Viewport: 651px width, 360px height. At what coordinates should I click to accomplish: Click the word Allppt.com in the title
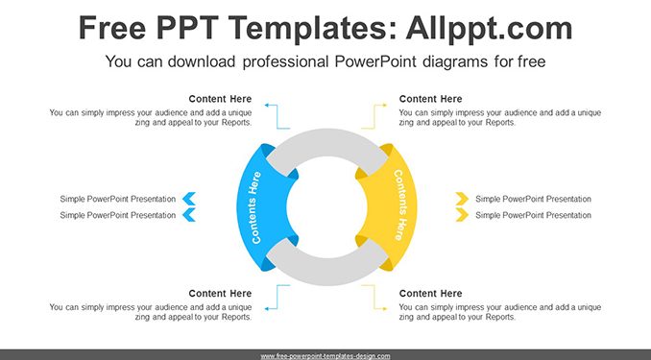click(x=489, y=28)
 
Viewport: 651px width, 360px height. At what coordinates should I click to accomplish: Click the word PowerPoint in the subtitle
click(x=374, y=61)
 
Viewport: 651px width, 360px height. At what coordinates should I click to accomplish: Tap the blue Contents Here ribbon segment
click(x=262, y=207)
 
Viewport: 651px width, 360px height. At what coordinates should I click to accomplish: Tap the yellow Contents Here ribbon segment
click(x=392, y=207)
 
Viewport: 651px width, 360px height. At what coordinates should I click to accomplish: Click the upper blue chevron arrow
click(x=189, y=199)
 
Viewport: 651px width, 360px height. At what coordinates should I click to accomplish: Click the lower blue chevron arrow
click(x=189, y=215)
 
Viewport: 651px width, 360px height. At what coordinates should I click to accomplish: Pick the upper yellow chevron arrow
click(x=462, y=199)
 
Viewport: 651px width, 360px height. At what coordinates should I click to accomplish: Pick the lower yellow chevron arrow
click(x=462, y=215)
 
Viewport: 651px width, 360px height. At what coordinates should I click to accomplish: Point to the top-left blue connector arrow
click(x=277, y=117)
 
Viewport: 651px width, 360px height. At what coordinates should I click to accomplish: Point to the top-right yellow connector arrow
click(x=374, y=117)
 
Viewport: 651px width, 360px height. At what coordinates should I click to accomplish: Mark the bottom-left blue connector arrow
click(x=277, y=298)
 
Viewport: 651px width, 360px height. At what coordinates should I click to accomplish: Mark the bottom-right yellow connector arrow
click(x=374, y=298)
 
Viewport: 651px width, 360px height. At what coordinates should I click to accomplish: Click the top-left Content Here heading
click(x=220, y=99)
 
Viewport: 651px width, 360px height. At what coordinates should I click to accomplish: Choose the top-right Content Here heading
click(x=430, y=99)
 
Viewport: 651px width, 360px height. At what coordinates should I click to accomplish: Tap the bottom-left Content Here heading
click(x=220, y=294)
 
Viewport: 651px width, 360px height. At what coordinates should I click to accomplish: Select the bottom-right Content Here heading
click(x=430, y=294)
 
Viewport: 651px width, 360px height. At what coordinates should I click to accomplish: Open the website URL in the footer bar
click(x=325, y=356)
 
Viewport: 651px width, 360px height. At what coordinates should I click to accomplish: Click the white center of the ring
click(x=326, y=207)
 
